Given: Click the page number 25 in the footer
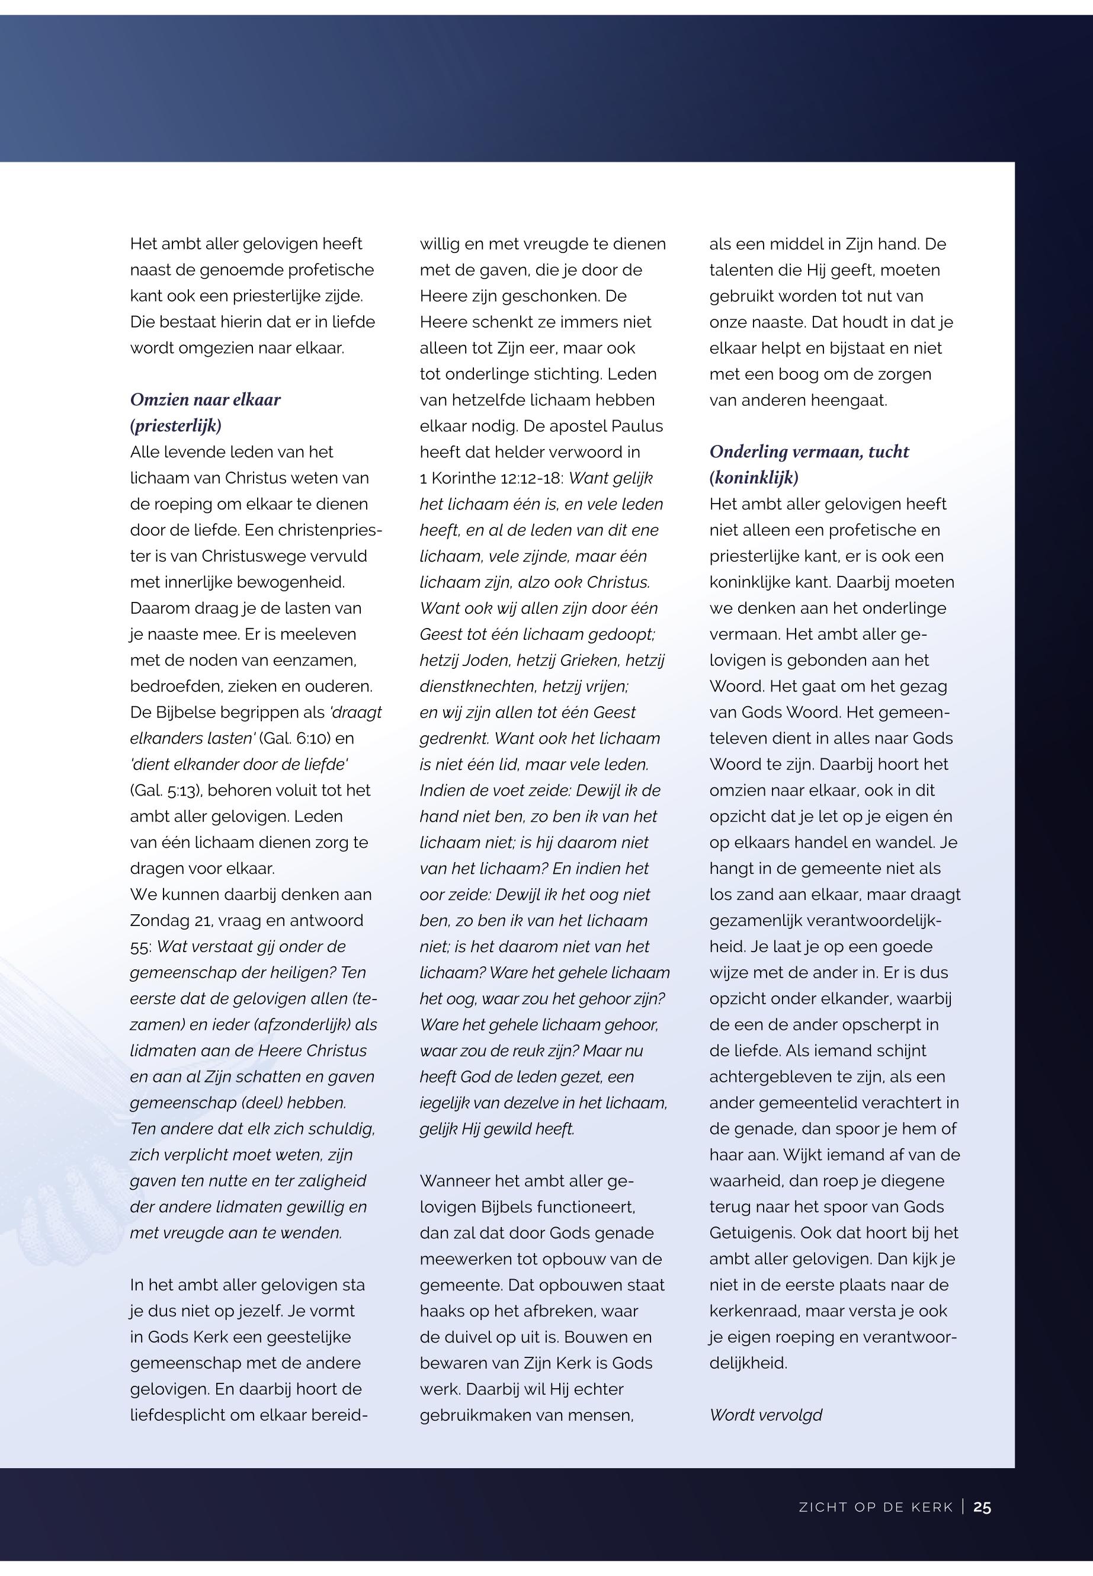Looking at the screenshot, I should (x=982, y=1507).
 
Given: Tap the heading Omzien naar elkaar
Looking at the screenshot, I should (x=206, y=399).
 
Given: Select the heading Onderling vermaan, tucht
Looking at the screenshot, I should (x=809, y=451).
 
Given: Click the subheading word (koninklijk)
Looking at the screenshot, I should (x=754, y=478).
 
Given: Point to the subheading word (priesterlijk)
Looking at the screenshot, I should (x=176, y=425).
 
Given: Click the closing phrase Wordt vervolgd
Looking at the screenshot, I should (x=765, y=1414).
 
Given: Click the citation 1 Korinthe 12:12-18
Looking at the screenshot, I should (x=491, y=478).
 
